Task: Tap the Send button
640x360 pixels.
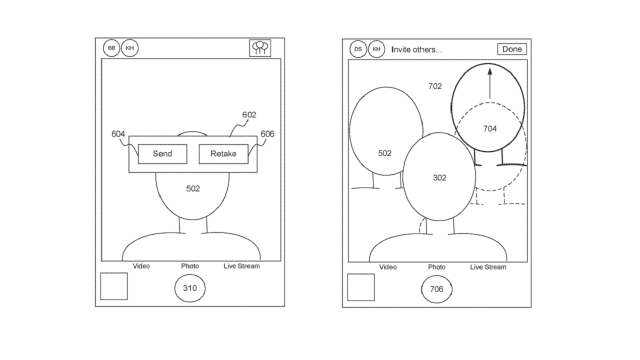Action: point(162,153)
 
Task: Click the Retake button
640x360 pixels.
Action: point(223,153)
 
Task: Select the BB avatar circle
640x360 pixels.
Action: point(112,48)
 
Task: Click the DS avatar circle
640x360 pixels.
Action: point(358,49)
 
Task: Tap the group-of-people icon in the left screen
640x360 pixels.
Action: point(259,48)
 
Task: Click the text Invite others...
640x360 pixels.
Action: point(417,49)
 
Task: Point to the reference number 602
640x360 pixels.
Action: point(249,115)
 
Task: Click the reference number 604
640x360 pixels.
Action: point(118,134)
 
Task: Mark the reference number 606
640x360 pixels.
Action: point(267,134)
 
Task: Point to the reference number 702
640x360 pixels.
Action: point(435,87)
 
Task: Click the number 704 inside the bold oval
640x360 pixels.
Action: point(489,129)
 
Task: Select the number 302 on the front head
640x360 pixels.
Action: point(439,177)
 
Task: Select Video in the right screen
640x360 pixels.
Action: point(388,267)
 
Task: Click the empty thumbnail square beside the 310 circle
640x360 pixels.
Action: point(114,287)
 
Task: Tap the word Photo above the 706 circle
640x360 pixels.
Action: point(437,267)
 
